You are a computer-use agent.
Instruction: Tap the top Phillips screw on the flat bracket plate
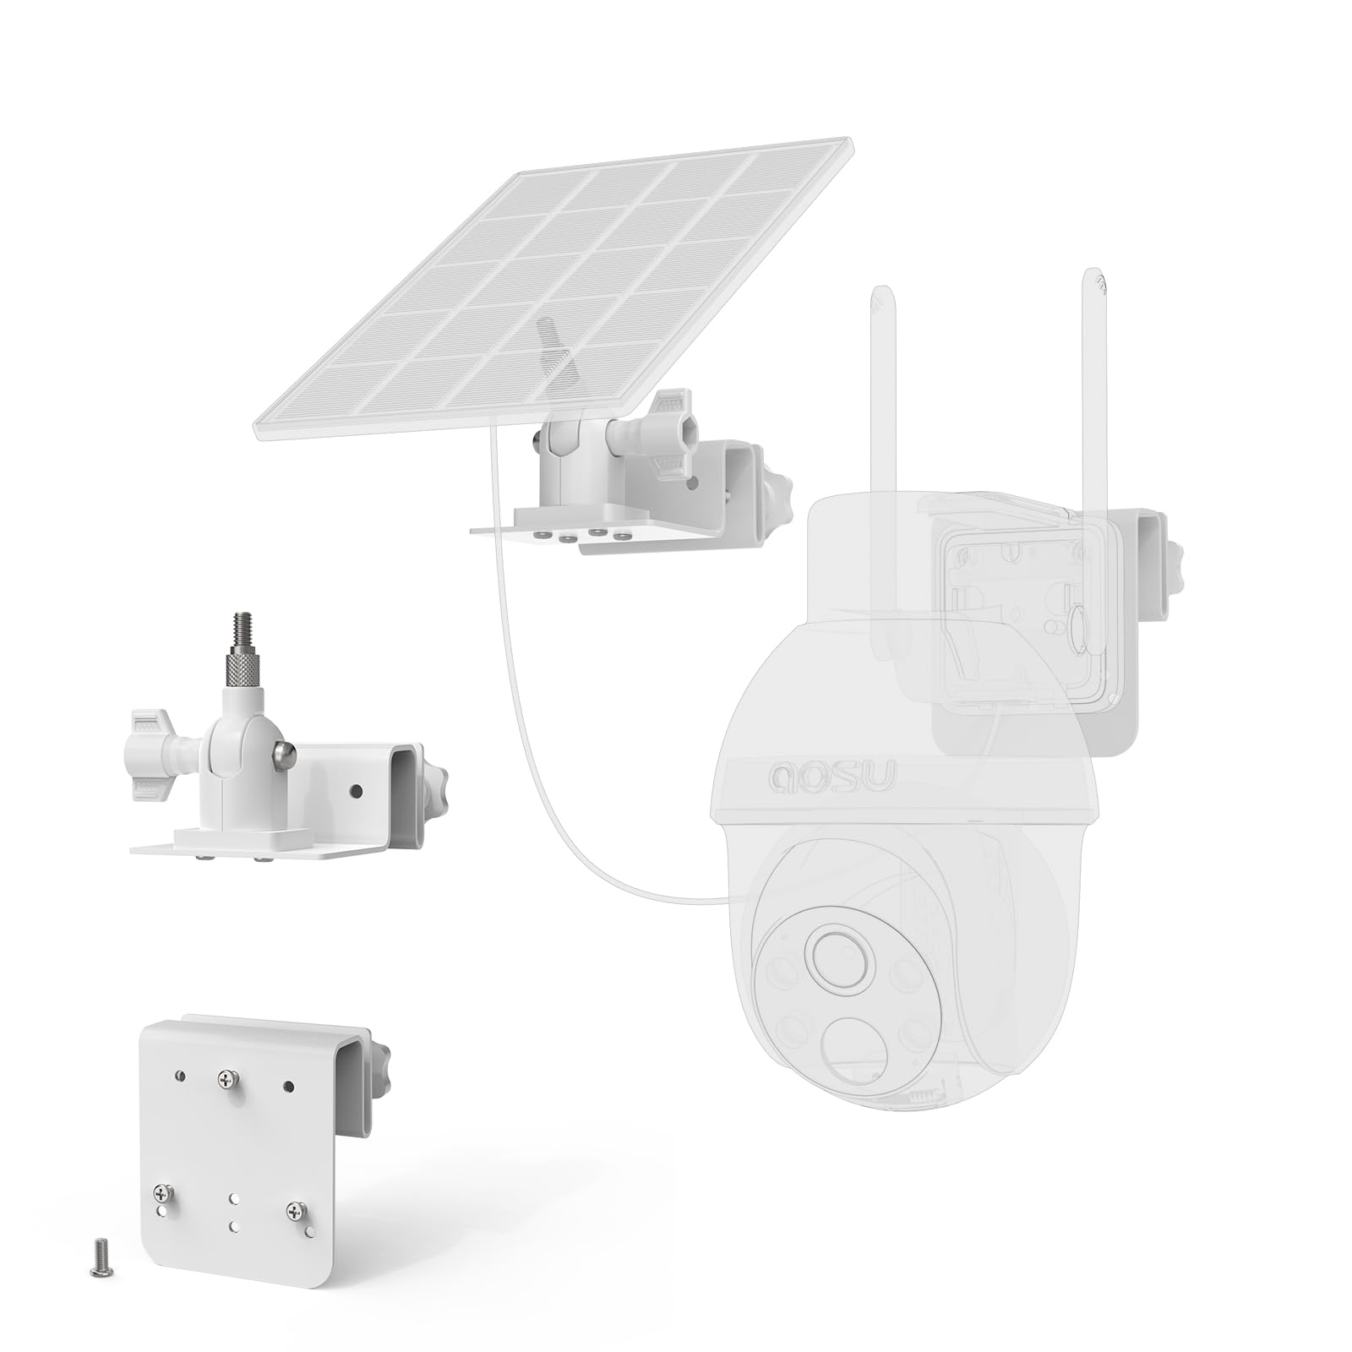(x=226, y=1078)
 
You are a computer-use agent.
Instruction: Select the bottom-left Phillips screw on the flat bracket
(x=161, y=1194)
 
